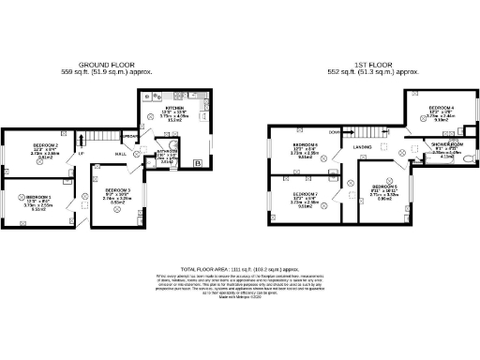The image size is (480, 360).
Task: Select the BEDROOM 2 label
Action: coord(46,146)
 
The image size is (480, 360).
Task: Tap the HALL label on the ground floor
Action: coord(121,153)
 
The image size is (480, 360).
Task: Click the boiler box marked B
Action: coord(196,165)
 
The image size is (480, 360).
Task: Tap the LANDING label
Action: coord(364,147)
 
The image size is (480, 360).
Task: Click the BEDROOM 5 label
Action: coord(384,187)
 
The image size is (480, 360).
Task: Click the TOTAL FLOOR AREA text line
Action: coord(239,268)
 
